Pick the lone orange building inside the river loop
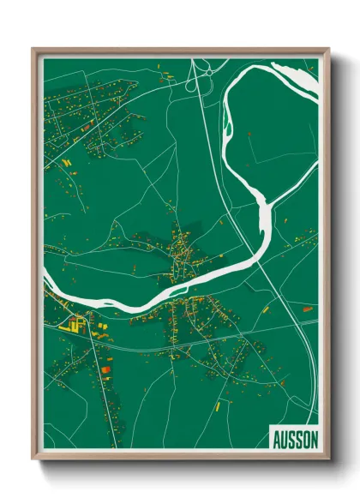click(x=249, y=135)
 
